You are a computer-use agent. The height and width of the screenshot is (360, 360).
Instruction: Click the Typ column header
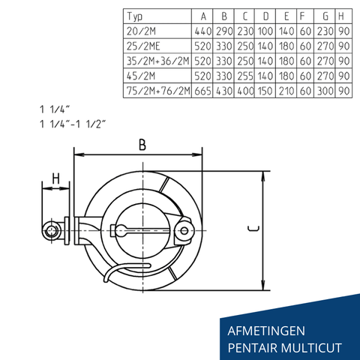pyautogui.click(x=136, y=16)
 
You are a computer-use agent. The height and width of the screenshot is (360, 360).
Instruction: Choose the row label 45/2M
pyautogui.click(x=140, y=76)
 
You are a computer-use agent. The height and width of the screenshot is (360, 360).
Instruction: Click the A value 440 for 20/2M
pyautogui.click(x=202, y=31)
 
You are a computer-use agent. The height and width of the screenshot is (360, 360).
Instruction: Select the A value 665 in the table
pyautogui.click(x=202, y=91)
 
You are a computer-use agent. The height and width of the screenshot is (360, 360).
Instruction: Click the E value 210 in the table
pyautogui.click(x=288, y=91)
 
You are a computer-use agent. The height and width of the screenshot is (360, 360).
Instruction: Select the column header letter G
pyautogui.click(x=324, y=16)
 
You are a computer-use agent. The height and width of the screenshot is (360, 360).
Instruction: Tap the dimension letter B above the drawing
pyautogui.click(x=142, y=145)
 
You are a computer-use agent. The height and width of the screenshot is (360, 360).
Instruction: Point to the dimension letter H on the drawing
pyautogui.click(x=55, y=179)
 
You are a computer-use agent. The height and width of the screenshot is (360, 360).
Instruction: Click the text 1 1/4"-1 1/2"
pyautogui.click(x=78, y=124)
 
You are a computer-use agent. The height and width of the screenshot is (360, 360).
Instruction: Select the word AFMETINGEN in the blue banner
pyautogui.click(x=266, y=329)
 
